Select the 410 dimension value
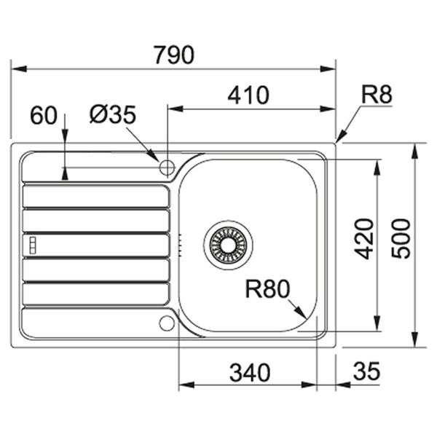(248, 95)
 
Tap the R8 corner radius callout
(377, 95)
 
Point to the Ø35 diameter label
(113, 114)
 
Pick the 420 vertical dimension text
(363, 239)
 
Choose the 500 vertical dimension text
(400, 239)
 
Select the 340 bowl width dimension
(250, 372)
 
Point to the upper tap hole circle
(167, 168)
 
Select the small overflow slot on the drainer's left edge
(31, 244)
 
